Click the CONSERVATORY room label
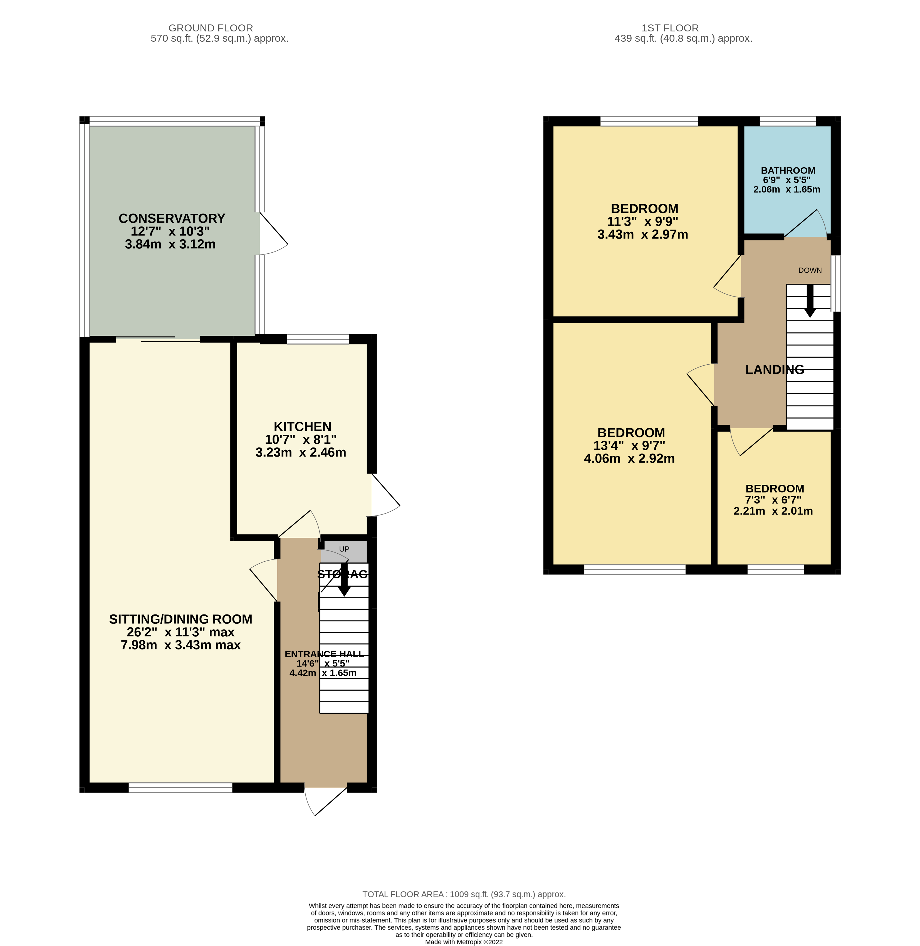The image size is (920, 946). tap(172, 218)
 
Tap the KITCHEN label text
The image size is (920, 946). tap(303, 426)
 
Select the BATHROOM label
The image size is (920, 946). tap(788, 170)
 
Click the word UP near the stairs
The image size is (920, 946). tap(344, 549)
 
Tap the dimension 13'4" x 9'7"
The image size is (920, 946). tap(629, 446)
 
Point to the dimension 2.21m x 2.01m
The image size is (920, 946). tap(773, 511)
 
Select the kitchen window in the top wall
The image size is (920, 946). tap(318, 339)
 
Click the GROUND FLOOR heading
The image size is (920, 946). tap(211, 28)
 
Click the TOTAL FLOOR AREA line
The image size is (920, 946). tap(464, 894)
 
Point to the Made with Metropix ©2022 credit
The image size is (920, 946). tap(464, 942)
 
